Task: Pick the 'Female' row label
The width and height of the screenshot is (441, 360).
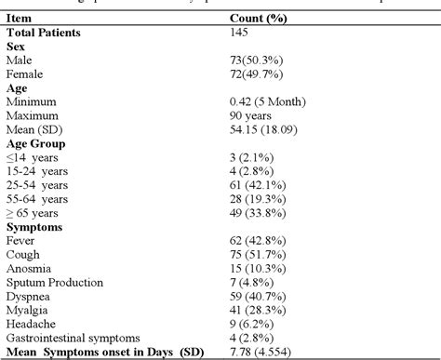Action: [x=25, y=72]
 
